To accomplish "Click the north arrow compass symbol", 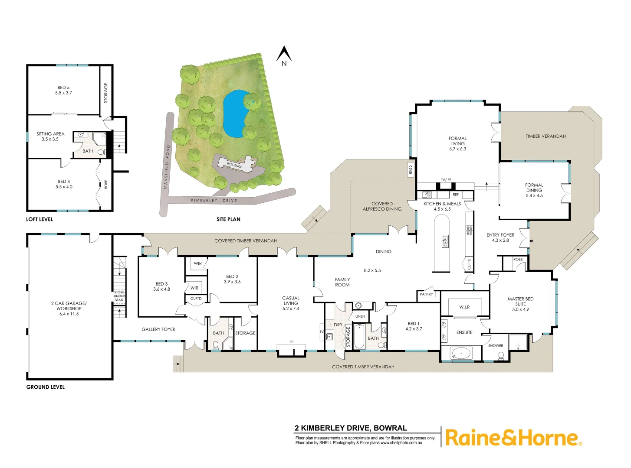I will [x=284, y=55].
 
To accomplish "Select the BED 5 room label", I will [x=63, y=90].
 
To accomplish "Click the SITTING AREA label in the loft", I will [x=50, y=136].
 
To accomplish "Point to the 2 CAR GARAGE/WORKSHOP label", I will [x=69, y=309].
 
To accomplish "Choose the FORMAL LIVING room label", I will [x=457, y=143].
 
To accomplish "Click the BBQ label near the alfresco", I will [x=411, y=169].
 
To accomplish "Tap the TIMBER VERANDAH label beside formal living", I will [x=546, y=136].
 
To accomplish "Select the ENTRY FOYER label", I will [x=500, y=237].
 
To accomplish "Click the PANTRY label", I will [x=426, y=294].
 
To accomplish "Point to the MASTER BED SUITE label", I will [x=520, y=304].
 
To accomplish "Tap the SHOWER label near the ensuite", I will [x=496, y=346].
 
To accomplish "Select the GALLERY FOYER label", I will [x=158, y=329].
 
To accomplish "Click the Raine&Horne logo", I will [x=513, y=438].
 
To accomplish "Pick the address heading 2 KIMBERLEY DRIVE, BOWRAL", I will [x=351, y=428].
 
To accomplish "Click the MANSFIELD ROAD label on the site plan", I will [x=167, y=167].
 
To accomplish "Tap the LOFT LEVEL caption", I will [x=39, y=219].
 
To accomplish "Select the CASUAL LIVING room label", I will [x=291, y=303].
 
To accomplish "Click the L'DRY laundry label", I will [x=336, y=325].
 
